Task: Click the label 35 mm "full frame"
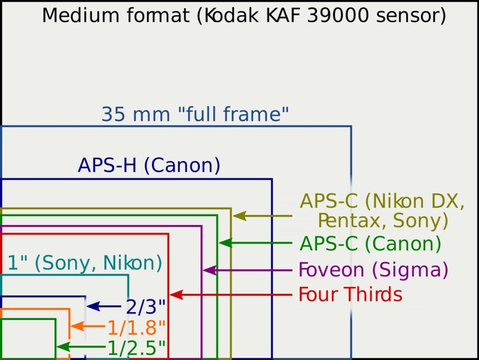click(x=195, y=115)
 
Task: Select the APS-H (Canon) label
click(x=149, y=166)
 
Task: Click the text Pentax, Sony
click(x=383, y=221)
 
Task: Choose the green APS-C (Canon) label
click(x=370, y=244)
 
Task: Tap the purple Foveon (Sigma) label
click(x=373, y=270)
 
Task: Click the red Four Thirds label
click(x=350, y=294)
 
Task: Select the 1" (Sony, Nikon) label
click(x=85, y=262)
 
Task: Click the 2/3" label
click(x=145, y=307)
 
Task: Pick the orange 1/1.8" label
click(x=136, y=328)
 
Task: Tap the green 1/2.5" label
click(x=136, y=348)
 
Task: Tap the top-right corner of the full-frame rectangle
click(x=351, y=127)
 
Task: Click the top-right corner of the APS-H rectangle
click(x=272, y=179)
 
